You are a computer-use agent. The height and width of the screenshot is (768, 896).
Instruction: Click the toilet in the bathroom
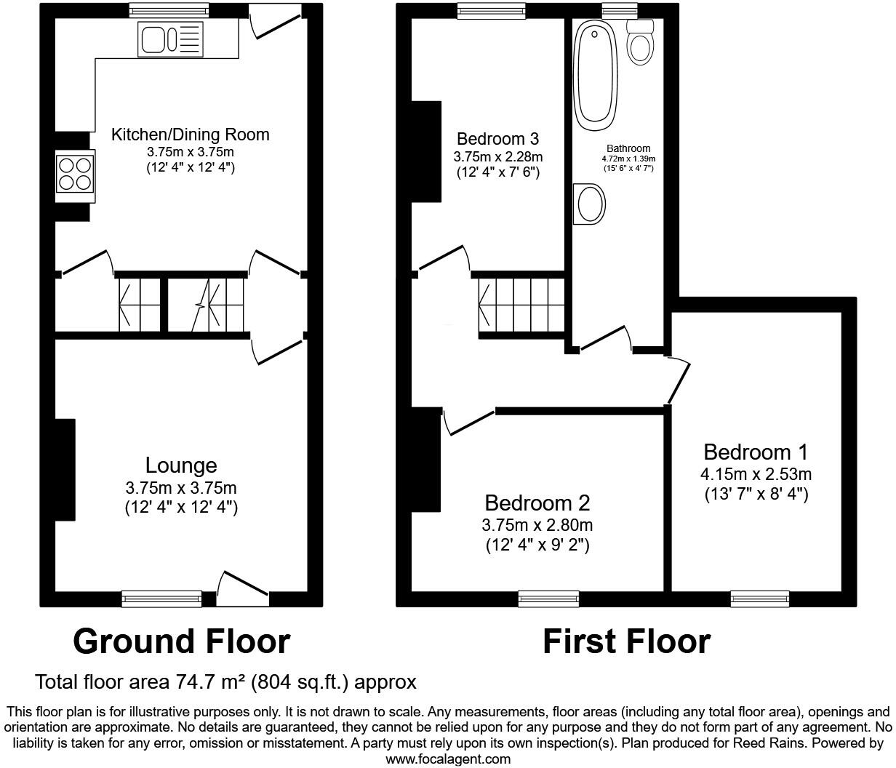tap(640, 43)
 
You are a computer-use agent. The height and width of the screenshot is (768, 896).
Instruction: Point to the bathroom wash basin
tap(590, 204)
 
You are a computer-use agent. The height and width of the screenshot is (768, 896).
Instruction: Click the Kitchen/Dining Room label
tap(190, 135)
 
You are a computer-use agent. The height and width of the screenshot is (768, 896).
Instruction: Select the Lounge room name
tap(181, 465)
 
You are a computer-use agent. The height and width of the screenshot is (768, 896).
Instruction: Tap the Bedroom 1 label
tap(756, 452)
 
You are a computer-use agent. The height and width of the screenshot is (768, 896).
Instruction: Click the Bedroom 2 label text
tap(537, 503)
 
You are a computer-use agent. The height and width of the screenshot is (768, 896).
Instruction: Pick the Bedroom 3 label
tap(497, 138)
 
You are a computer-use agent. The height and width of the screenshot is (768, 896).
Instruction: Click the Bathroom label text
tap(628, 148)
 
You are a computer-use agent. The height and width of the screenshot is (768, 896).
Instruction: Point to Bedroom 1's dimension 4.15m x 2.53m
tap(756, 475)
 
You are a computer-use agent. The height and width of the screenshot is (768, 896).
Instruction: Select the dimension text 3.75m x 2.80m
tap(537, 525)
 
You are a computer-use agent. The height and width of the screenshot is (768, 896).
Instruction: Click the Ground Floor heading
tap(182, 641)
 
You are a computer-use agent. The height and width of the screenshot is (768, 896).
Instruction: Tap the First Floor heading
tap(626, 641)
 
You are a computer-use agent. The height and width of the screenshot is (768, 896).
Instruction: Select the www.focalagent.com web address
tap(447, 759)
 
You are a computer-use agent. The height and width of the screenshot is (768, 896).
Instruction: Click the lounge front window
tap(161, 599)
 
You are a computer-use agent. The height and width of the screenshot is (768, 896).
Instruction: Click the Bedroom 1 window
tap(759, 599)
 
